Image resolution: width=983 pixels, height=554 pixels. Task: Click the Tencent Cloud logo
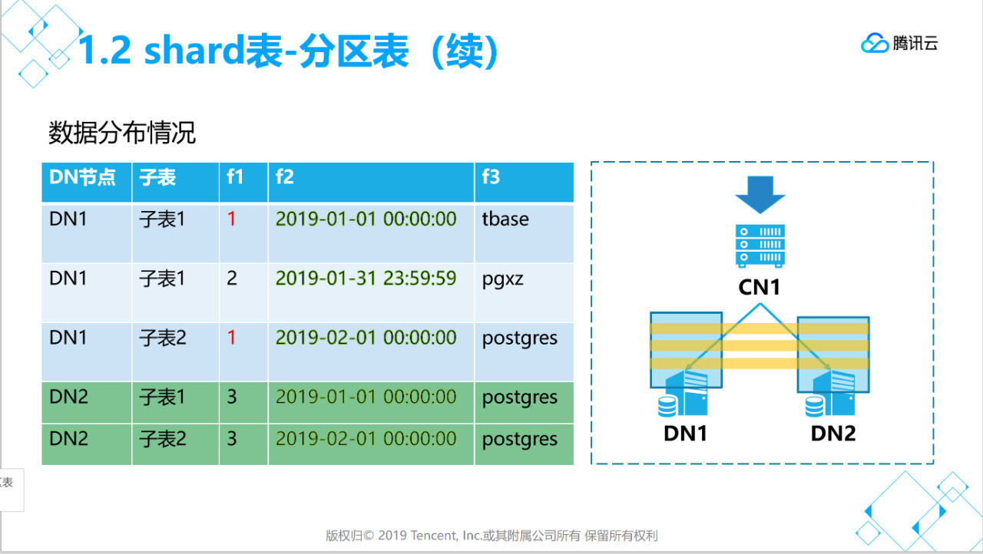point(899,44)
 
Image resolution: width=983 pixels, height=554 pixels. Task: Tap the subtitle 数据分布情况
point(122,133)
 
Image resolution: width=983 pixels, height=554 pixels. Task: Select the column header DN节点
point(82,178)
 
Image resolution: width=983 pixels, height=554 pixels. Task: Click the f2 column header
point(285,178)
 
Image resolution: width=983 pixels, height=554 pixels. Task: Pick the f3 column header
point(491,178)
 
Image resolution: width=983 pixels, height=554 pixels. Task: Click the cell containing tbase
point(505,219)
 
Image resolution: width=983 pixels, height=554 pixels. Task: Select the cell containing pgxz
point(502,279)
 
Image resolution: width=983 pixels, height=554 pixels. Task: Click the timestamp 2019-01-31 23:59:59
point(366,279)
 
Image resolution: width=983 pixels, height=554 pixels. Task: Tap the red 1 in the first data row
point(232,219)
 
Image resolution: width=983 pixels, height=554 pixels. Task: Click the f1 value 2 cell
point(232,279)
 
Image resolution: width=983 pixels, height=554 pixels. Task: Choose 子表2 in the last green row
point(162,439)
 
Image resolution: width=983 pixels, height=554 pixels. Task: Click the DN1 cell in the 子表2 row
point(68,338)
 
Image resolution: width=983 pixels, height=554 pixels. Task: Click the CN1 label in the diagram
point(760,288)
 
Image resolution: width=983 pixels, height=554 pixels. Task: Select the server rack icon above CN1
point(760,246)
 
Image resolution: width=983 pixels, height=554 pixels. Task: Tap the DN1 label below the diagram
point(685,434)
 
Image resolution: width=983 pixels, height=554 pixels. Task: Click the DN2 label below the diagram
point(832,434)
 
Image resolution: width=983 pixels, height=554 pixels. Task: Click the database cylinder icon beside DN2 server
point(813,405)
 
